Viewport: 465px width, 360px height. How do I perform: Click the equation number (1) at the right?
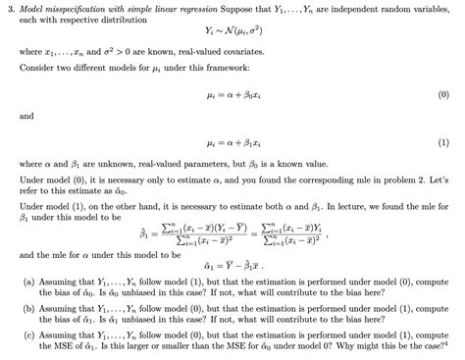(442, 142)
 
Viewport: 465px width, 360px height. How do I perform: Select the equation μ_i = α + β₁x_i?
(232, 142)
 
